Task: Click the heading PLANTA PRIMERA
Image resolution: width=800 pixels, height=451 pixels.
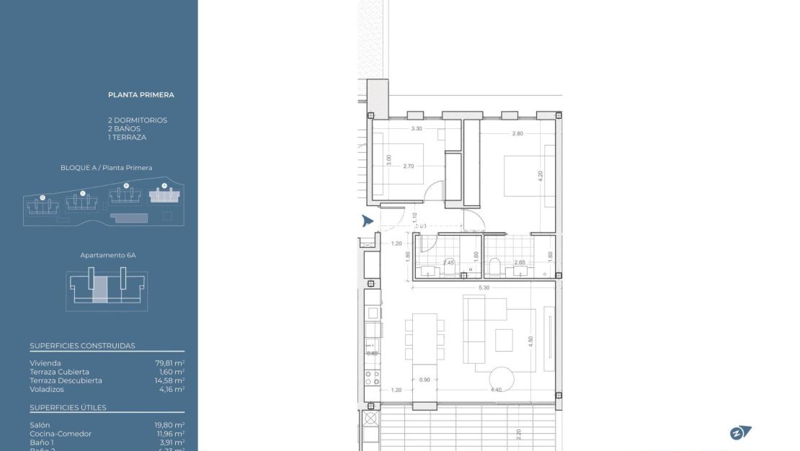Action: point(141,94)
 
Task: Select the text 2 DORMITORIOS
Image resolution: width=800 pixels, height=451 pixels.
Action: point(137,120)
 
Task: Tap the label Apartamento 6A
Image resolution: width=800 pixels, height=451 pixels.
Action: point(108,255)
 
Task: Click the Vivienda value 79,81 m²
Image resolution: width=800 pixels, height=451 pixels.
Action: point(169,363)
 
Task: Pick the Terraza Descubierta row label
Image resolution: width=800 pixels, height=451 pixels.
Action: point(66,380)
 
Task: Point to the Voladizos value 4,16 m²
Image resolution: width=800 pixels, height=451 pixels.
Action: point(172,389)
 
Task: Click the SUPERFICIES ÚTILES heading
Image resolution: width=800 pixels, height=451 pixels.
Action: point(68,408)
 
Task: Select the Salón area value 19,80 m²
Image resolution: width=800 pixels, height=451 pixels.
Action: point(169,425)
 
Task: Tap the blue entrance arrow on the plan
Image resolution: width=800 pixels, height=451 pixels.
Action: point(368,221)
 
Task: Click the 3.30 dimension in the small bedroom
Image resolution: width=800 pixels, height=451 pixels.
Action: point(416,129)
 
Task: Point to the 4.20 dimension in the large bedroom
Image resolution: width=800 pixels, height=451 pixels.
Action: point(541,174)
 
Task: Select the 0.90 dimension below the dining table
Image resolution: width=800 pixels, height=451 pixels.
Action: point(425,380)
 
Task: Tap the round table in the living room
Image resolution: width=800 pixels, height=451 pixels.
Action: point(502,378)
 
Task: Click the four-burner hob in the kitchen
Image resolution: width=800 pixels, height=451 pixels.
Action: point(372,375)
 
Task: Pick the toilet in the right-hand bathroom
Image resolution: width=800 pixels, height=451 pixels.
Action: point(494,268)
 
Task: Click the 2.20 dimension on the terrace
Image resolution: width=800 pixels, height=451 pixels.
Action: point(518,434)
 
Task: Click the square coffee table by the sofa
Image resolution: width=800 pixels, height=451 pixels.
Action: point(504,339)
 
